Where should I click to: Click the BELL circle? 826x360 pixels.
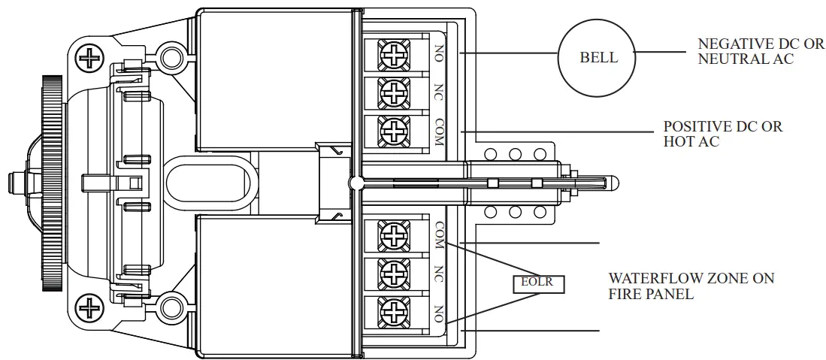pos(598,58)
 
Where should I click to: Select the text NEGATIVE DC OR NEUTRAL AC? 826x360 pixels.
pos(761,52)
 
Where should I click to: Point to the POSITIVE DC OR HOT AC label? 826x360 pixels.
pos(722,134)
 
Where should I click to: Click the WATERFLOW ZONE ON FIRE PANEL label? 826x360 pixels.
pos(691,286)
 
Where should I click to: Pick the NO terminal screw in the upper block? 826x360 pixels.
pos(393,55)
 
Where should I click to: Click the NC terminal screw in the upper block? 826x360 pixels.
pos(393,92)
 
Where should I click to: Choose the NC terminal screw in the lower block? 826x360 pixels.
pos(393,273)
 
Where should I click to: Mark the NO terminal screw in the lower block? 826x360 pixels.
pos(393,310)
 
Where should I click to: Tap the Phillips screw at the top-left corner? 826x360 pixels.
pos(92,57)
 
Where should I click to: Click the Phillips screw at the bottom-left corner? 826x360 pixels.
pos(92,307)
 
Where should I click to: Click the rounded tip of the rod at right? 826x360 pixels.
pos(612,183)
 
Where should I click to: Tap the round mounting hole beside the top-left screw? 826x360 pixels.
pos(171,57)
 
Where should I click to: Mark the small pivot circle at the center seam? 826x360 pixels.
pos(356,182)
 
